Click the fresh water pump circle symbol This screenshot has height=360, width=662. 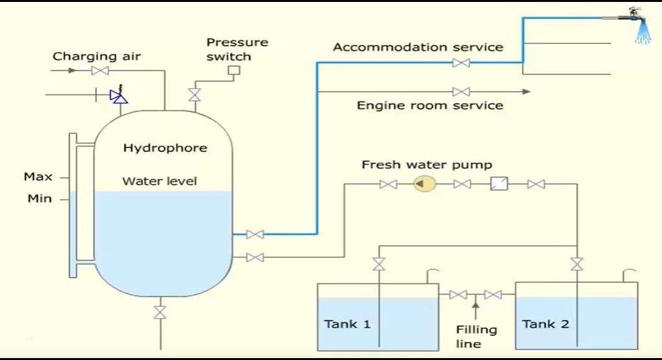point(425,185)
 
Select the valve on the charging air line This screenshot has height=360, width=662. point(100,70)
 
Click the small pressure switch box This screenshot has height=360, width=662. point(235,70)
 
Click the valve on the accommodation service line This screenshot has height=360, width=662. point(461,63)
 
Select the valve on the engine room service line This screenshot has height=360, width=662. point(461,92)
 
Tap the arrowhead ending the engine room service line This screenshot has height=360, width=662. point(526,92)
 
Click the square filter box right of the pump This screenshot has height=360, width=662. point(498,184)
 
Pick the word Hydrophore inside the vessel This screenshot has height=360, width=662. point(165,148)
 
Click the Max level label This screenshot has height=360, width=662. point(38,176)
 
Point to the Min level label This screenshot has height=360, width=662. point(39,199)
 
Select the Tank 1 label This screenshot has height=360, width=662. point(348,324)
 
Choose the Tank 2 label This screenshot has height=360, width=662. point(546,324)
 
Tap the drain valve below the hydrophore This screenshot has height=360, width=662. point(159,312)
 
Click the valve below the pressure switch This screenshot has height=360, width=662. point(193,94)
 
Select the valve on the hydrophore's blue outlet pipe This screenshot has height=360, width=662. point(255,234)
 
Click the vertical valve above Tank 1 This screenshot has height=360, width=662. point(379,264)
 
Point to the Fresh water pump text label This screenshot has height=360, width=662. point(427,165)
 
